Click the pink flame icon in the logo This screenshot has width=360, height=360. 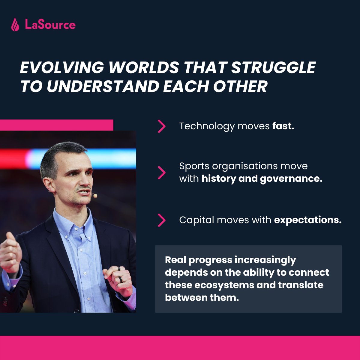coord(15,25)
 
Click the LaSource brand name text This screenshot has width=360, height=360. coord(50,25)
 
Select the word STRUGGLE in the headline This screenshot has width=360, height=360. coord(273,67)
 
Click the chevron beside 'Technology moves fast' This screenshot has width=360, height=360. coord(162,126)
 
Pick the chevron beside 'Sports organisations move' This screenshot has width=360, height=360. coord(162,172)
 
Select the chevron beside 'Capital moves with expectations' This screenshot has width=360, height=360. coord(162,220)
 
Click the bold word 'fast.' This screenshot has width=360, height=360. coord(283,126)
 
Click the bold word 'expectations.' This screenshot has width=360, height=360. coord(308,220)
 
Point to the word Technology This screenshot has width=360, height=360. coord(207,126)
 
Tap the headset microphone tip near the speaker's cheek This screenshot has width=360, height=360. coord(95,196)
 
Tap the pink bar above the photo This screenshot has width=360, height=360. coord(56,125)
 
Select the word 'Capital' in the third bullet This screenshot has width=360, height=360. coord(196,220)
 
